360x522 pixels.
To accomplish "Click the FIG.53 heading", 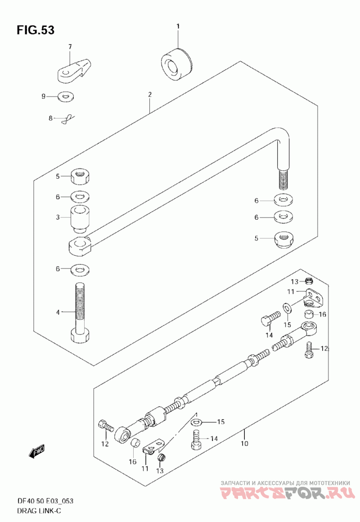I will coord(36,30).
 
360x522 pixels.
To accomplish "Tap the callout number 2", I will coord(149,95).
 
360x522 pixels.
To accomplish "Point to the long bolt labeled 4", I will coord(79,311).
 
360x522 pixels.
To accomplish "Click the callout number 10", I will coord(244,444).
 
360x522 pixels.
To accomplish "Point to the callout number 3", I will coord(58,218).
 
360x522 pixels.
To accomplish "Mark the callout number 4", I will coord(58,311).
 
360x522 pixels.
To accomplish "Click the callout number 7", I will coord(70,46).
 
